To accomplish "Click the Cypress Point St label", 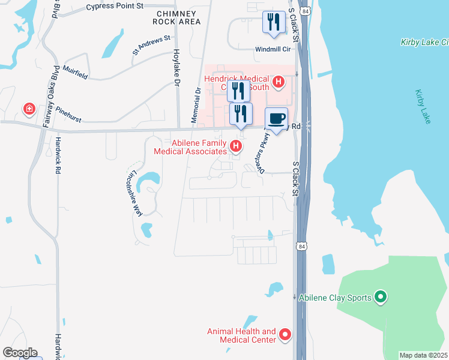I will [115, 7].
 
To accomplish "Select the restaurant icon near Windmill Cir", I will [274, 23].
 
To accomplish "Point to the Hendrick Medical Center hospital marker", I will [278, 81].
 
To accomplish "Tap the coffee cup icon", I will [276, 118].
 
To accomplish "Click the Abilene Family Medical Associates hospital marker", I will [237, 145].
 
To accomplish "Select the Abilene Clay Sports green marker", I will [379, 296].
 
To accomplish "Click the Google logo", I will [19, 352].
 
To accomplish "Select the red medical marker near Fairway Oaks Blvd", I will [28, 109].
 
